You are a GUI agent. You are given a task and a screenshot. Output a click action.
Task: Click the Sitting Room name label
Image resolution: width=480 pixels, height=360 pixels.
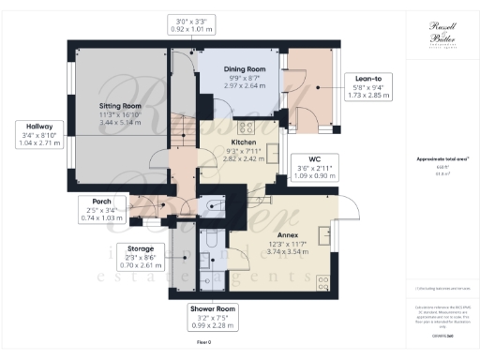pyautogui.click(x=119, y=107)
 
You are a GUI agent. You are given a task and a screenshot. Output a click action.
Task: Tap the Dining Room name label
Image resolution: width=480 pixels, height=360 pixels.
pyautogui.click(x=244, y=69)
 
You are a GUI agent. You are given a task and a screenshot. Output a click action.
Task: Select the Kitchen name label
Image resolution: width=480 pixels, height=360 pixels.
pyautogui.click(x=243, y=142)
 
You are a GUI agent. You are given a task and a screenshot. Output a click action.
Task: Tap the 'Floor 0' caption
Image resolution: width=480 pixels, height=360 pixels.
pyautogui.click(x=203, y=343)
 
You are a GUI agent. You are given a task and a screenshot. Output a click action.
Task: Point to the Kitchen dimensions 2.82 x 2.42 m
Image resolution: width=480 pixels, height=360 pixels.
pyautogui.click(x=243, y=159)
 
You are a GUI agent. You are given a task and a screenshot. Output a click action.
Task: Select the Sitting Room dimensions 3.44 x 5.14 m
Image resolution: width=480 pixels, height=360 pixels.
pyautogui.click(x=119, y=122)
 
